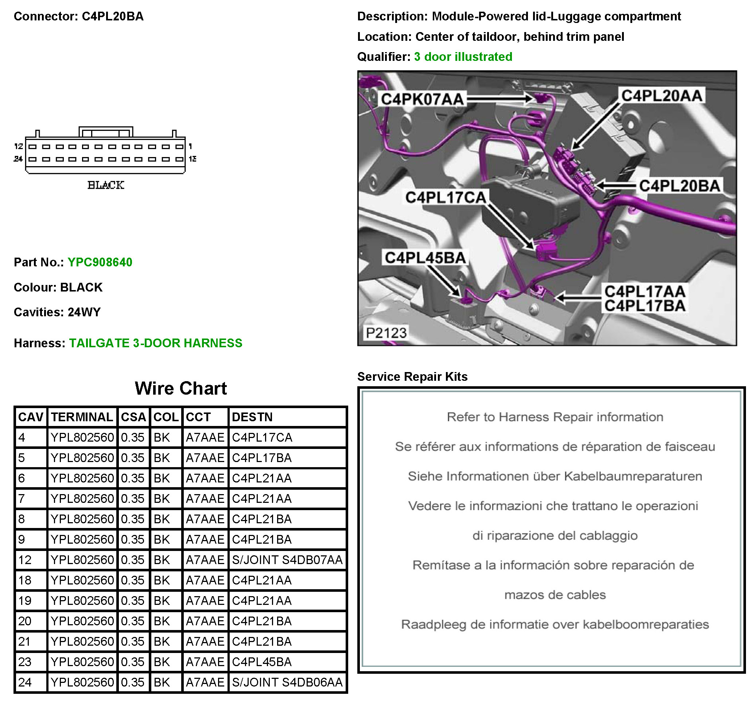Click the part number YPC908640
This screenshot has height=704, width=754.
coord(100,262)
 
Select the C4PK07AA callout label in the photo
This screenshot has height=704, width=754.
coord(422,99)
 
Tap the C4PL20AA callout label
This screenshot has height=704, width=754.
coord(662,95)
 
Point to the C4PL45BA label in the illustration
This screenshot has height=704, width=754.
coord(425,258)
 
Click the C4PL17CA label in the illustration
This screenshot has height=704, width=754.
coord(446,197)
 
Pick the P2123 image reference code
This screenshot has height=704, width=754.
coord(386,333)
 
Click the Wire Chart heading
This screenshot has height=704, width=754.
coord(180,388)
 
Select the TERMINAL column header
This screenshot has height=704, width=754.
coord(82,417)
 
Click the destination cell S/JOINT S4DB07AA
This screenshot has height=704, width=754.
coord(287,560)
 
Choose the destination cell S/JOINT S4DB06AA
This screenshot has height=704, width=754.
coord(287,683)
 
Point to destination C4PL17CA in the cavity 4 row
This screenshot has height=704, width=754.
coord(262,438)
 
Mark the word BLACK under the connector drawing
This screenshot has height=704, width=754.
coord(106,185)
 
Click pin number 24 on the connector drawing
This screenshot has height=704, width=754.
coord(18,159)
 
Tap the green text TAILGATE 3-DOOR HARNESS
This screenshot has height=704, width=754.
coord(155,343)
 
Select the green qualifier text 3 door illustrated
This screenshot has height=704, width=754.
coord(463,57)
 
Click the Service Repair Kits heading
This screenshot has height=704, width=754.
coord(412,376)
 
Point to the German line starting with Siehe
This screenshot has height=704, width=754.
coord(555,476)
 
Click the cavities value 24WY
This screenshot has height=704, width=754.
coord(84,312)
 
